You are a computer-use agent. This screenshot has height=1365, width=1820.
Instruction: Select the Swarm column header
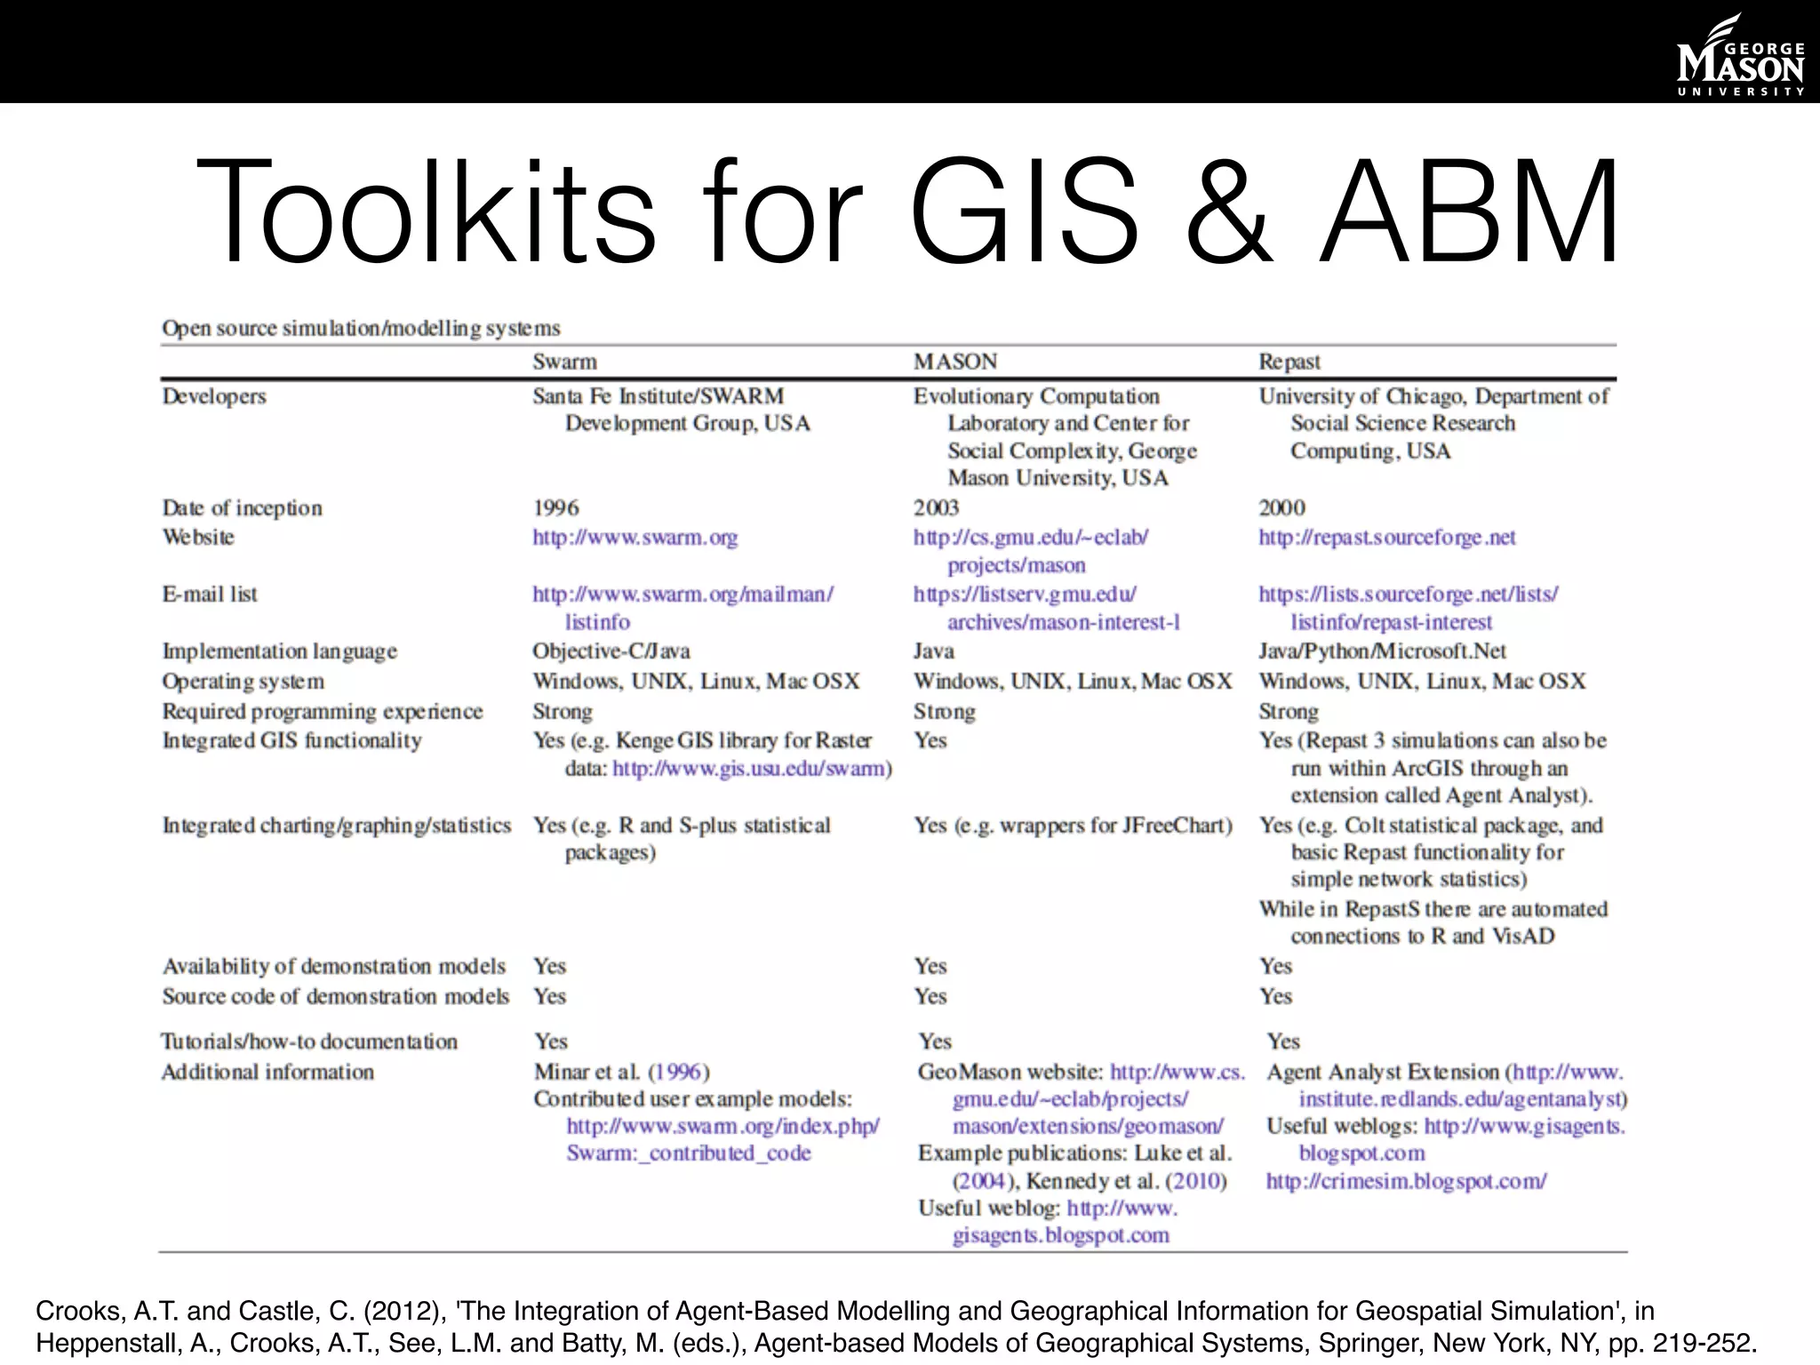point(564,362)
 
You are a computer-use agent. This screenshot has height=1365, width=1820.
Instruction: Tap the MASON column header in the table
point(955,362)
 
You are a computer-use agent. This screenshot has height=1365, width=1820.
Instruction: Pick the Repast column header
point(1289,362)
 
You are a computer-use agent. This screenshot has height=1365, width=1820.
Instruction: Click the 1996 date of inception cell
point(555,508)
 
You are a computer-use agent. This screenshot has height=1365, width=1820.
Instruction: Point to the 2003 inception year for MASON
point(936,508)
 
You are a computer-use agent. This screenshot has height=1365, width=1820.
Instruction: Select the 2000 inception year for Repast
point(1281,508)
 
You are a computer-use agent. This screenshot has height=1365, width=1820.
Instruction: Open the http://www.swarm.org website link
point(635,538)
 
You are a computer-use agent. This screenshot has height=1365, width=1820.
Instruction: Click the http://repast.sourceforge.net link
point(1386,538)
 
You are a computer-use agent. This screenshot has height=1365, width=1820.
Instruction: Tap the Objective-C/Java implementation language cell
point(611,651)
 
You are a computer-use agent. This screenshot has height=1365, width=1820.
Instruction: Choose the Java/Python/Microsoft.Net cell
point(1382,651)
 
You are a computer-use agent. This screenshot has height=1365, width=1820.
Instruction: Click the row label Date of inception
point(242,508)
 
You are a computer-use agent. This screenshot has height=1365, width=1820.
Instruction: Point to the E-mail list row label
point(210,595)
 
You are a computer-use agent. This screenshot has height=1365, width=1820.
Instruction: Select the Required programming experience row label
point(322,712)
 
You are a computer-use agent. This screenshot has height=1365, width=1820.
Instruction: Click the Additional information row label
point(267,1073)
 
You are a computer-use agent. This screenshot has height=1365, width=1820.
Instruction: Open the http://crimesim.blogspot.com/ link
point(1406,1181)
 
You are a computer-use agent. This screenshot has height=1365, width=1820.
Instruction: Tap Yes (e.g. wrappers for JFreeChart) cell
point(1073,826)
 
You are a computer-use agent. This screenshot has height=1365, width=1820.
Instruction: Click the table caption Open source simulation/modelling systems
point(361,329)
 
